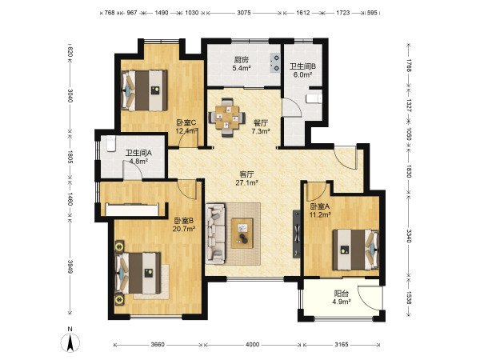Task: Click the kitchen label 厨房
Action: point(242,60)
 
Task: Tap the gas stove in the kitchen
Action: point(275,62)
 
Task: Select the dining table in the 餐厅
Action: point(227,117)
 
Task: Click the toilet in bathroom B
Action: point(314,98)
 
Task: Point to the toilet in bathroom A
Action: point(110,143)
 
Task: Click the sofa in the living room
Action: point(215,234)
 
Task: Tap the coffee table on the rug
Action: point(242,234)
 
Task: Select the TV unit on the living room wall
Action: point(297,234)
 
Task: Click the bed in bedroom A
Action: point(356,250)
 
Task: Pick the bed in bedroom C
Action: point(145,90)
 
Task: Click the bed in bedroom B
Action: point(138,273)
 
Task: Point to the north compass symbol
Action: point(70,340)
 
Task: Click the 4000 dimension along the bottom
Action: point(252,345)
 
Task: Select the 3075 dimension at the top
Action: point(244,13)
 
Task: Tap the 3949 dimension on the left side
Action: point(70,266)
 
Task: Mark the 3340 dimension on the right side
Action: point(409,235)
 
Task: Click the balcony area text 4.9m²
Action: point(342,302)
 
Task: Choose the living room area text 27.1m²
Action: point(246,183)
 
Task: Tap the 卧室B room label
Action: point(184,221)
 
